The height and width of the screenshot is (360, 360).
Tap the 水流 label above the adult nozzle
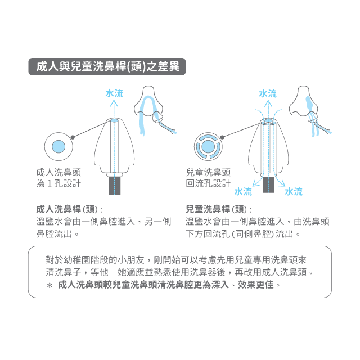(114, 93)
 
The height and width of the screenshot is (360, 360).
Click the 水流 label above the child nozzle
(267, 93)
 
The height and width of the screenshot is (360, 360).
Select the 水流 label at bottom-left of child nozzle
(242, 192)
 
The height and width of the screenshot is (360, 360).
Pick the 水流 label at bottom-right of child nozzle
(293, 192)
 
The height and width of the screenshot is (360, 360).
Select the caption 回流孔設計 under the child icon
(208, 184)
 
